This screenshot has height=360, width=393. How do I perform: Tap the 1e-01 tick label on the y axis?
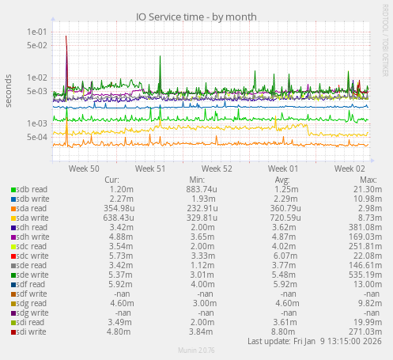[36, 32]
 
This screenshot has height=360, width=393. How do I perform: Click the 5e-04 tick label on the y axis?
[36, 137]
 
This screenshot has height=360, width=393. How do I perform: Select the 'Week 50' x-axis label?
[84, 169]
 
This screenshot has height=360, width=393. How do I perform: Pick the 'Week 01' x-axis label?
[283, 169]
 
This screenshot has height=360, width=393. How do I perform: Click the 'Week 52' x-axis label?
[217, 169]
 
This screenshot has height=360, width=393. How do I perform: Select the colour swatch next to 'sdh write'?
[13, 237]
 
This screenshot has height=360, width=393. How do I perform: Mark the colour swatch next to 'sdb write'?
[13, 199]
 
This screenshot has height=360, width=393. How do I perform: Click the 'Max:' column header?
[368, 180]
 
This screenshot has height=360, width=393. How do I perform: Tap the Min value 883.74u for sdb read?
[201, 190]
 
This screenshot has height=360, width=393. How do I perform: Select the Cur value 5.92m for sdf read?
[121, 284]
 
